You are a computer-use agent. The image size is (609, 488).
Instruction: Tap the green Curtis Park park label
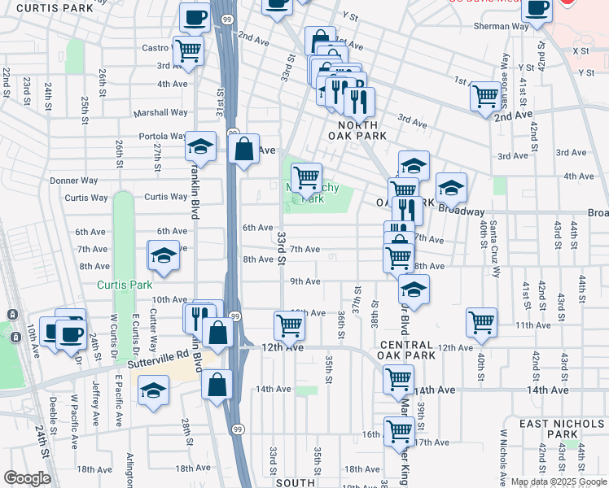coord(125,285)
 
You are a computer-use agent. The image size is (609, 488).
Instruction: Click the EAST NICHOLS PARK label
coord(563,429)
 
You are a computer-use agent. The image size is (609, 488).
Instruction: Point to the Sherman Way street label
coord(502,26)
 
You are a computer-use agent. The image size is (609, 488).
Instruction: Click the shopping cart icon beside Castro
coord(188,50)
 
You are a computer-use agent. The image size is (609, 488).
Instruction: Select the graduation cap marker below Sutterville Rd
coord(154,390)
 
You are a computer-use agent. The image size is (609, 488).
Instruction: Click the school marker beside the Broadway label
coord(450,188)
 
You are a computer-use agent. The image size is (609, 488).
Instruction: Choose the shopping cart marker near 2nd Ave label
coord(485,95)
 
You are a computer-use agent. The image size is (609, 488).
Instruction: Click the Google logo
coord(27,478)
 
